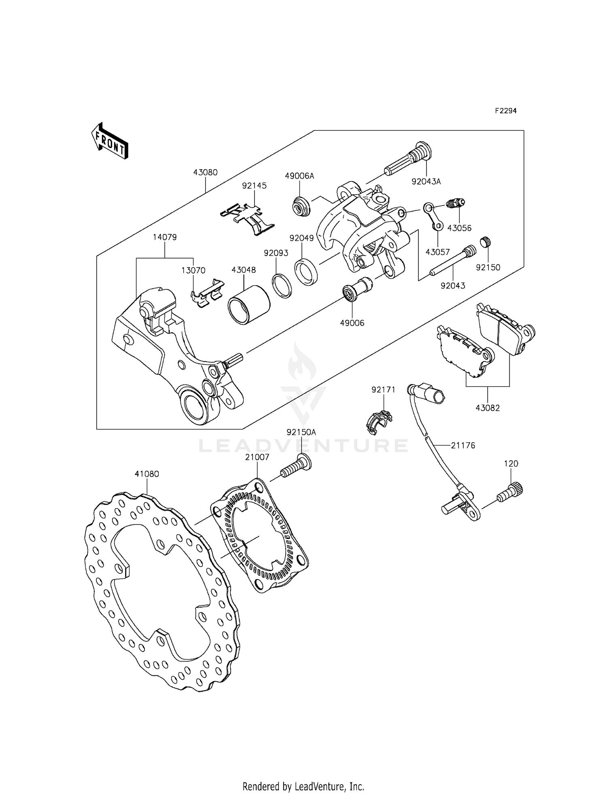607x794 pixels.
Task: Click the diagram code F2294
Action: pos(505,111)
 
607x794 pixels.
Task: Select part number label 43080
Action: pos(205,172)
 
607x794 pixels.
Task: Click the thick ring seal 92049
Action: pos(306,271)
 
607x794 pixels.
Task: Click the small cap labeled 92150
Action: pos(485,242)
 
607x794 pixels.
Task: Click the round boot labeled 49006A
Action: pos(301,206)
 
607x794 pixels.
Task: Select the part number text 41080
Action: pos(146,474)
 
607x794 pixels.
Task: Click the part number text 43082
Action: pos(488,408)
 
